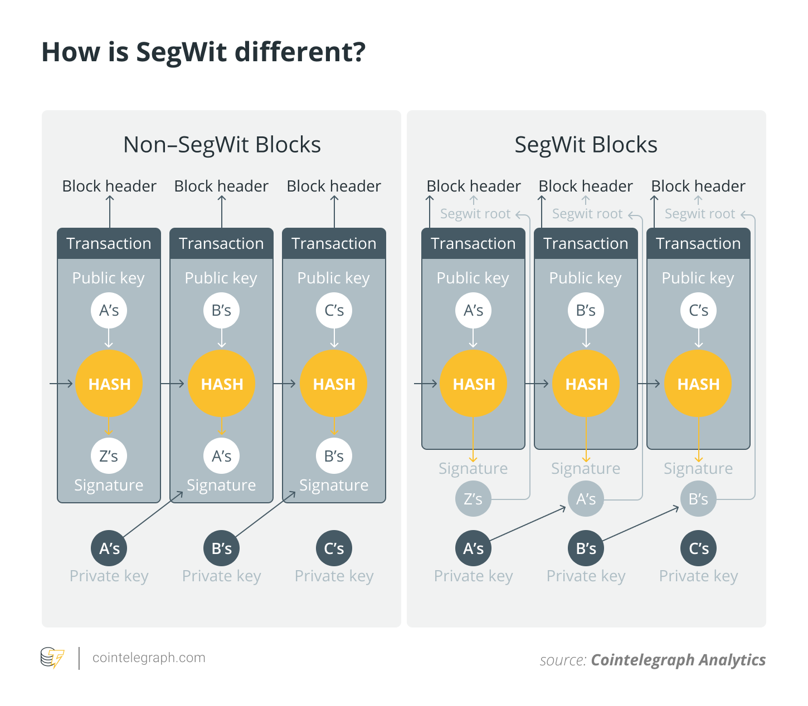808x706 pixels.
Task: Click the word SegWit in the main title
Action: point(181,52)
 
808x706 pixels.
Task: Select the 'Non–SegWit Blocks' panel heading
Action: point(222,145)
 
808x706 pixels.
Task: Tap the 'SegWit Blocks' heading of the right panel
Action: point(586,145)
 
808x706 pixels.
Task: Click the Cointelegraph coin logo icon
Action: point(52,658)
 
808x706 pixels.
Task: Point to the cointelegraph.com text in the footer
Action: point(149,658)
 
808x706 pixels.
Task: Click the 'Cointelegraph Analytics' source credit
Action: point(678,660)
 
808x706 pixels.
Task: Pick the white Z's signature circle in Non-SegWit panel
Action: point(109,456)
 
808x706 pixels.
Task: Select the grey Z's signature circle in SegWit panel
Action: point(473,499)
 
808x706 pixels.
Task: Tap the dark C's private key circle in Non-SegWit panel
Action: point(334,548)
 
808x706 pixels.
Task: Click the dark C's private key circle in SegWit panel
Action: point(698,548)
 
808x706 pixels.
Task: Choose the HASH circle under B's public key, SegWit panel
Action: point(586,384)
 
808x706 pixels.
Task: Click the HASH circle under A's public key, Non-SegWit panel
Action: point(109,384)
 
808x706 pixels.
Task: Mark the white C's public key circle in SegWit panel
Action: point(698,310)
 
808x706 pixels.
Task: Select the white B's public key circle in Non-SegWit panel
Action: point(221,310)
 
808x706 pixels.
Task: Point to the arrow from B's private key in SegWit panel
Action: point(641,523)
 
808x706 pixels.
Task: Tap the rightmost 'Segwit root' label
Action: point(699,214)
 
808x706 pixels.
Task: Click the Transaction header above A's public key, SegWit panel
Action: point(473,243)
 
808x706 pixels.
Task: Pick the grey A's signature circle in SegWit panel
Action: point(586,499)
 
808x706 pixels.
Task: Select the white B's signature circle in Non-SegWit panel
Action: point(334,456)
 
